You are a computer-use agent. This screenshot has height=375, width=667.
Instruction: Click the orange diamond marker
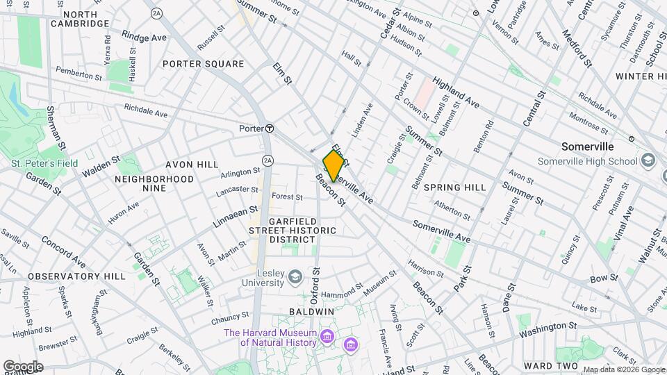[x=334, y=166]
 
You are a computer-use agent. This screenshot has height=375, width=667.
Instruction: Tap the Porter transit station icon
[x=268, y=128]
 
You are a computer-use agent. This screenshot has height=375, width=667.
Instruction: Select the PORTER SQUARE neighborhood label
[x=203, y=64]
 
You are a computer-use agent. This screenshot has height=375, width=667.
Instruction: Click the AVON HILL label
[x=192, y=165]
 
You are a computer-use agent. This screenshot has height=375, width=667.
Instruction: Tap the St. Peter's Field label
[x=44, y=164]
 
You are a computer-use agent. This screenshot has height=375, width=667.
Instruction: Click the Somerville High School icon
[x=648, y=161]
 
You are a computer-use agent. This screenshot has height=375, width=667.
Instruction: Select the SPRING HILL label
[x=454, y=187]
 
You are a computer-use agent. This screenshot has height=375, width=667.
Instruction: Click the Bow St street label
[x=604, y=278]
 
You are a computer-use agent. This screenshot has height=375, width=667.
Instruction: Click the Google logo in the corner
[x=23, y=367]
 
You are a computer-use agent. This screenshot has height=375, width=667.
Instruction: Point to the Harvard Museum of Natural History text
[x=270, y=337]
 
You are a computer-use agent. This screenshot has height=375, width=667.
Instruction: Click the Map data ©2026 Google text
[x=623, y=369]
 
